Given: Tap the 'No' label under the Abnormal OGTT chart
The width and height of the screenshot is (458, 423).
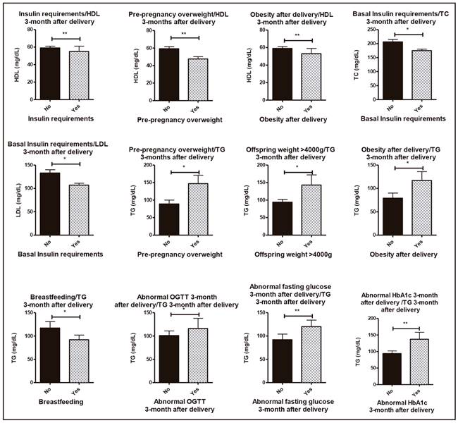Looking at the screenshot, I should (168, 389).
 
